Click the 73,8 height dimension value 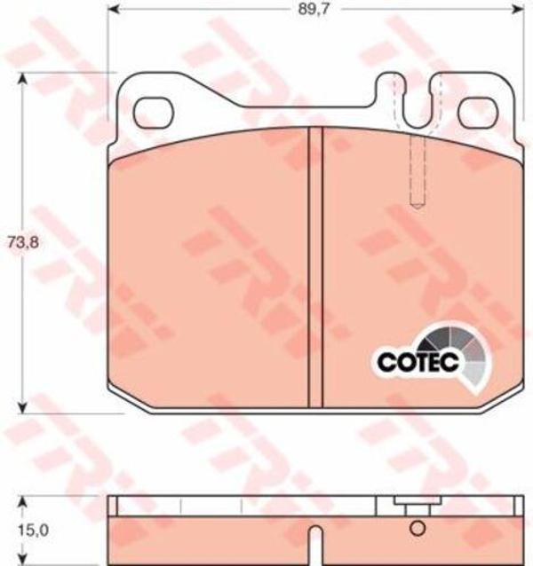pos(23,242)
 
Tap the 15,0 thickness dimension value pos(33,531)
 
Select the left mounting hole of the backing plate pos(154,113)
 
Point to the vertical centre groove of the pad pos(316,267)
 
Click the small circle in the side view pos(418,529)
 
